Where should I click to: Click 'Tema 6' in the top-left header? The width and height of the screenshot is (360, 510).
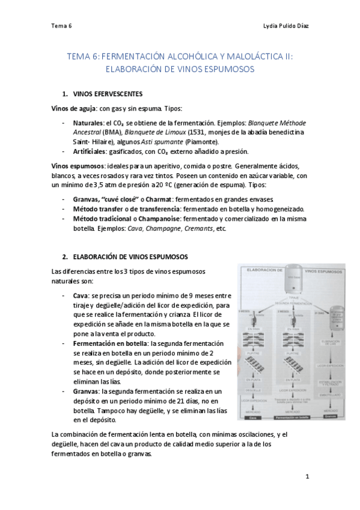pos(61,26)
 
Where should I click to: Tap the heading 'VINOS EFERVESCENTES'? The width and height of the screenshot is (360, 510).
pos(108,94)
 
